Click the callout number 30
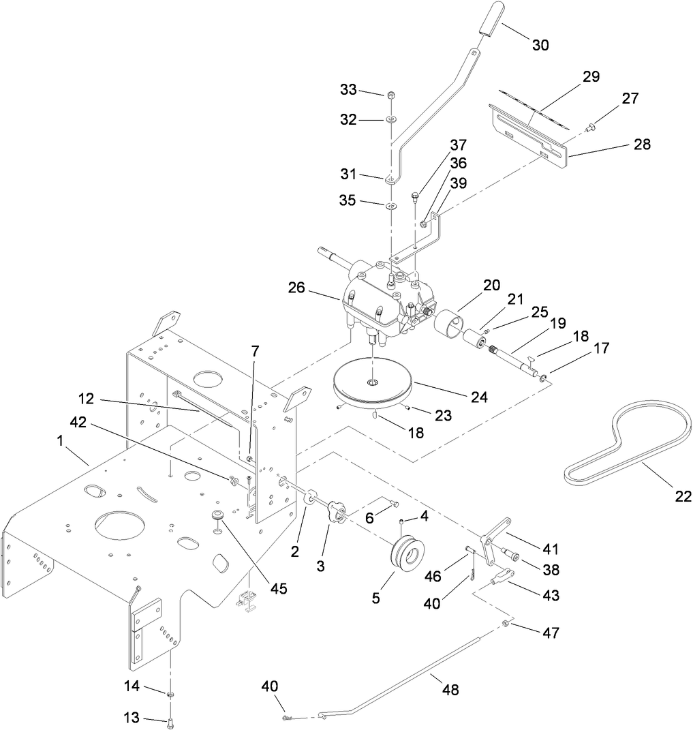pos(540,45)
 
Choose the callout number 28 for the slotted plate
pos(641,145)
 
